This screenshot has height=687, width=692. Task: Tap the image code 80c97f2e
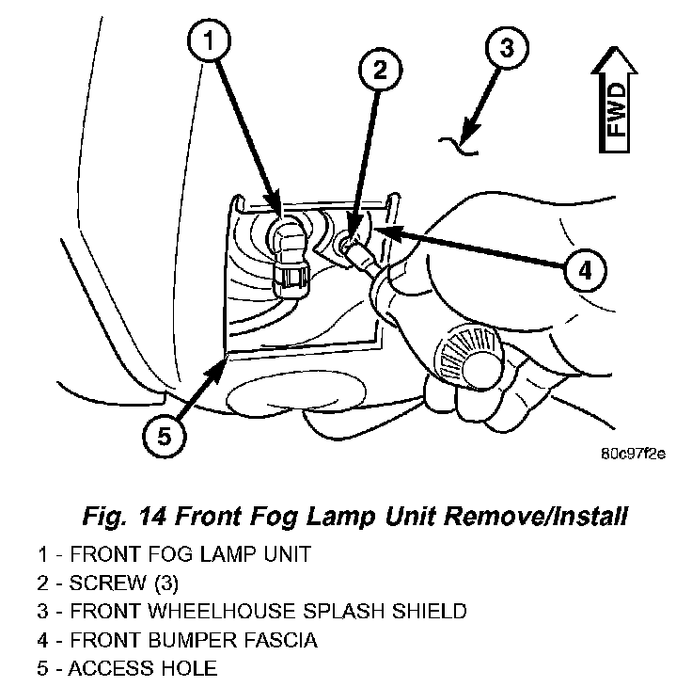point(633,453)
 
